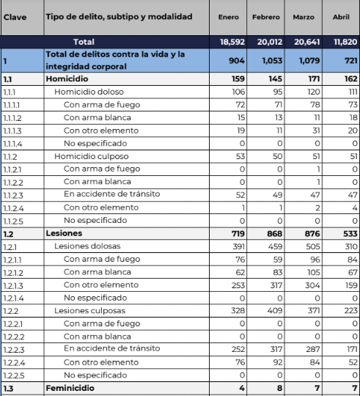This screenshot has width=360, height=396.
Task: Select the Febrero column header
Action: [265, 17]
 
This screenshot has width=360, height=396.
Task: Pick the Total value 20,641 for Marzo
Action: [306, 42]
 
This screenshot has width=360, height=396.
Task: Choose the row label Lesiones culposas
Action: [92, 311]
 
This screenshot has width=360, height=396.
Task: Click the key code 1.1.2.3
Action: [13, 194]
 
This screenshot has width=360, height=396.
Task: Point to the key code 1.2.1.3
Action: [13, 285]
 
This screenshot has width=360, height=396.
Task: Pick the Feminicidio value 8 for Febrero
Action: [277, 388]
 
